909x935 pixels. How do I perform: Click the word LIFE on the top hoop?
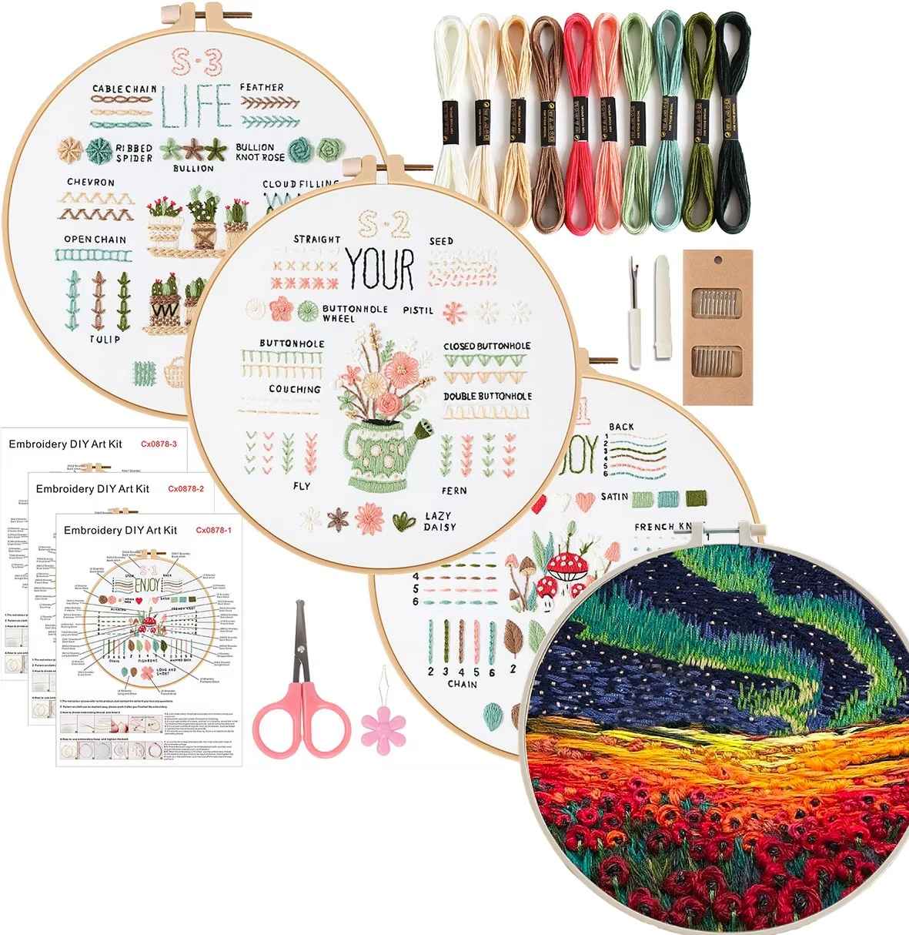(x=196, y=107)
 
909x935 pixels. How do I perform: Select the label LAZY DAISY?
(x=438, y=521)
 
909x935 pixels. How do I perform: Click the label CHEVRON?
(x=90, y=183)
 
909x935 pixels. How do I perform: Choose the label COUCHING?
(x=295, y=389)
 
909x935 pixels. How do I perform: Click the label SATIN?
(x=615, y=496)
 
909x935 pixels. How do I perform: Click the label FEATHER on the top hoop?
(x=262, y=87)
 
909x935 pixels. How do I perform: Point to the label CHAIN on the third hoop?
(x=462, y=684)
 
